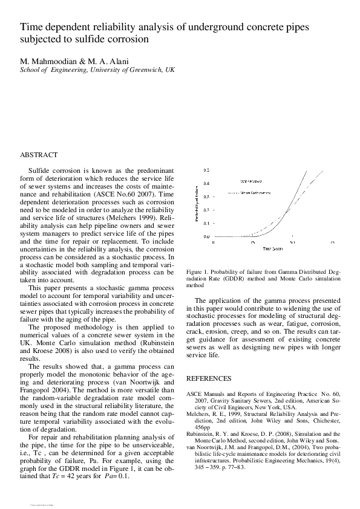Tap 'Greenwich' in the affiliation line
148,70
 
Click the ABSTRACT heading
39,155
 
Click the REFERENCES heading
208,378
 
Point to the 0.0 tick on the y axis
206,236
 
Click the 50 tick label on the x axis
292,242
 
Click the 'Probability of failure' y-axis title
197,203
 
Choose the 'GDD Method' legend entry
250,181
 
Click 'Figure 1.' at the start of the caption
198,273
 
